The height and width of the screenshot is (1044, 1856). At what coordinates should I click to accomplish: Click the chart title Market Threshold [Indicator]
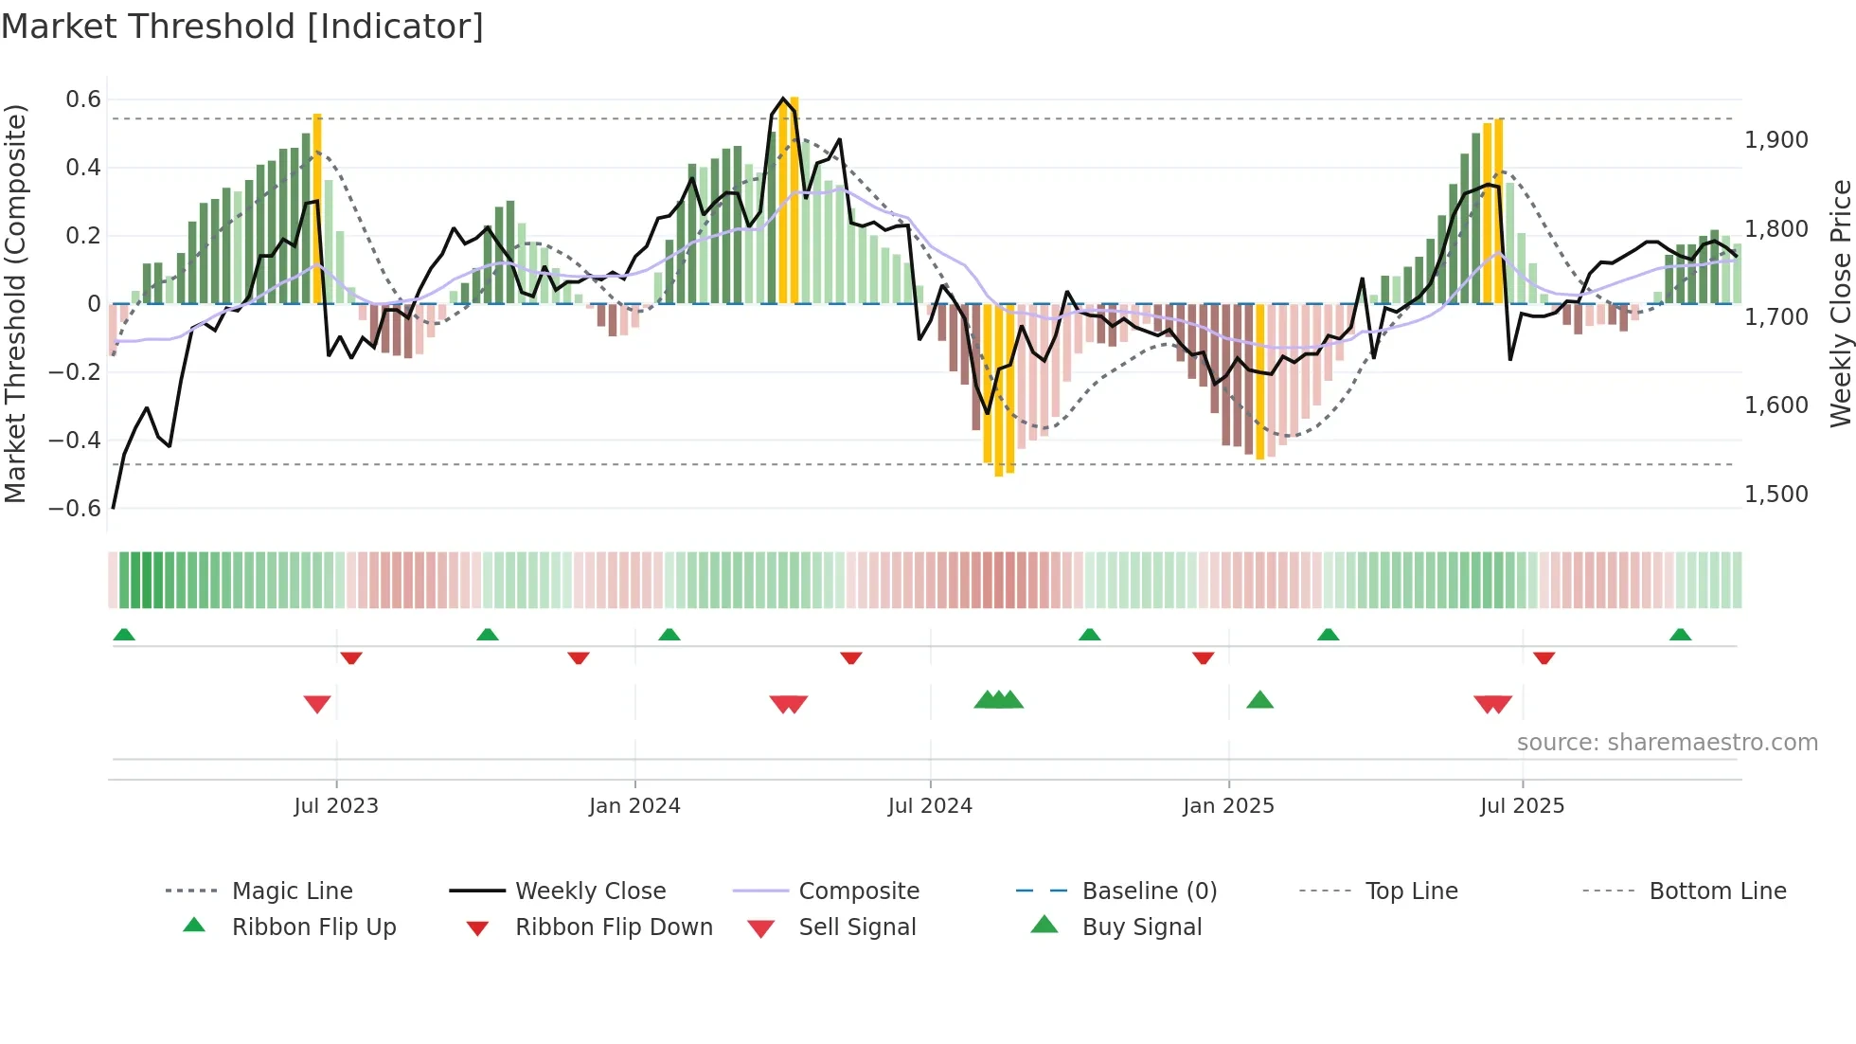coord(242,27)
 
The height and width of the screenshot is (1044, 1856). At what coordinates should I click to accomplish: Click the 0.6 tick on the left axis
coord(83,99)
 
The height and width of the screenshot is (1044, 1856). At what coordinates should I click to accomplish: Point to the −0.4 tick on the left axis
coord(75,441)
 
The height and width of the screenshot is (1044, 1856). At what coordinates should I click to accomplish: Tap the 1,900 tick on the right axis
coord(1776,140)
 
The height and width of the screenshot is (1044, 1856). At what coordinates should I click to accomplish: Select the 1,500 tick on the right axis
coord(1776,495)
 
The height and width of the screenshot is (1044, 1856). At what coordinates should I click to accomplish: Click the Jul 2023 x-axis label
coord(336,806)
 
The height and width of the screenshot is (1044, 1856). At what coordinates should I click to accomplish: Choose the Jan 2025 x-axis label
coord(1228,806)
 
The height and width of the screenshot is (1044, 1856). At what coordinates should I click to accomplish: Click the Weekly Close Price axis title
coord(1840,303)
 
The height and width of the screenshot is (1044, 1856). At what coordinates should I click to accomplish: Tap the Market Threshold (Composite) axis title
coord(15,303)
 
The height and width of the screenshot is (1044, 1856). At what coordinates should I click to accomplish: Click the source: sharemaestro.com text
coord(1667,743)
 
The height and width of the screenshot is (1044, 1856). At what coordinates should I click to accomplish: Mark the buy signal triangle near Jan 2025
coord(1259,700)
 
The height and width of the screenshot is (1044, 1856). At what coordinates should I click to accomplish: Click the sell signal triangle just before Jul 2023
coord(317,704)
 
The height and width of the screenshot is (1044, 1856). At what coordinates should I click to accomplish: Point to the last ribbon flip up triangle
coord(1680,635)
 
